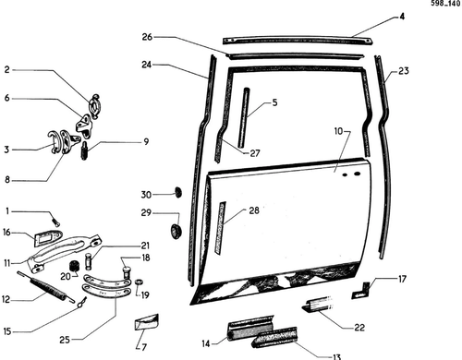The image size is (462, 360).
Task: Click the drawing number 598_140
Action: (445, 4)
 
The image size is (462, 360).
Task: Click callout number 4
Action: (402, 17)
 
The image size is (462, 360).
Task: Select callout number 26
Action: (147, 37)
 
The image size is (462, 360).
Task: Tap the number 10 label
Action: (338, 131)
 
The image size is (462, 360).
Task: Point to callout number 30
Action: (146, 195)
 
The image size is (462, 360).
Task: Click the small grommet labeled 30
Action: (178, 192)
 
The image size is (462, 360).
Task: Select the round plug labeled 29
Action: (176, 231)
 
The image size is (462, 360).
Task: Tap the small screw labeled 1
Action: (56, 222)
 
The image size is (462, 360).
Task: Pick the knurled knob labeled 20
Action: (73, 266)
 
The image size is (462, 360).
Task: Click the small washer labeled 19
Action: (139, 282)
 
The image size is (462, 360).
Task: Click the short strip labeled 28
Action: (220, 228)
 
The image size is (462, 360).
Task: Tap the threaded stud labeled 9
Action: (84, 150)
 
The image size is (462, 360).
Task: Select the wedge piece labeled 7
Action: (146, 322)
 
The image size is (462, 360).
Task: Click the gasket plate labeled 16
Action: (48, 238)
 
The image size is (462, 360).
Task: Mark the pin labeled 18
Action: (127, 272)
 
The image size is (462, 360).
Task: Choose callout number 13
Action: (337, 356)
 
